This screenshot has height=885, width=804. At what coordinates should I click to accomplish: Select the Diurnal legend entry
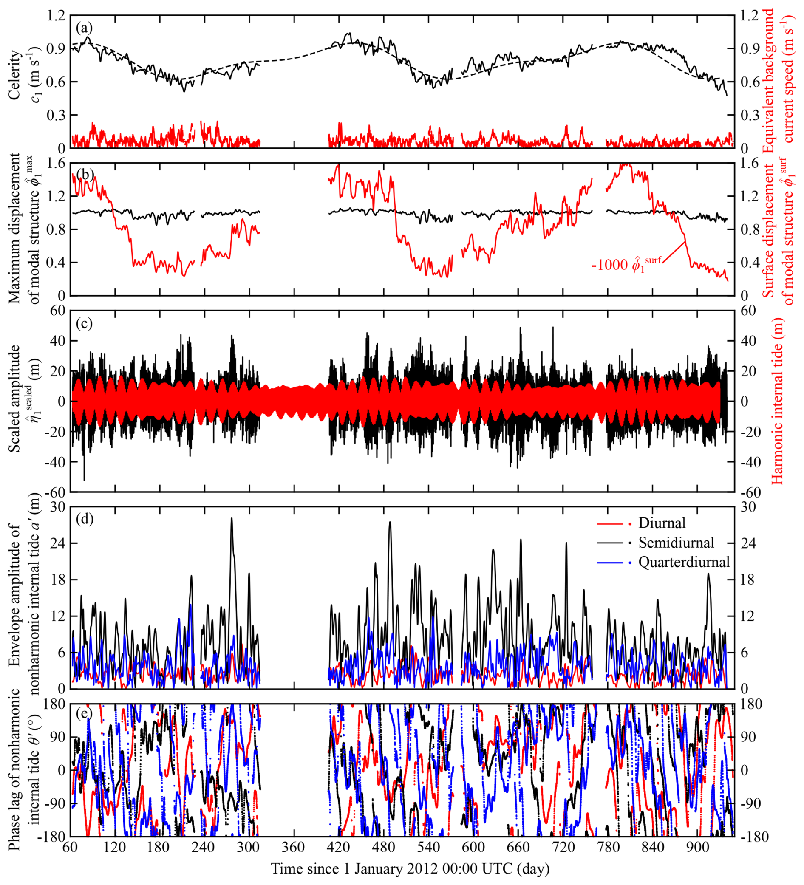(662, 523)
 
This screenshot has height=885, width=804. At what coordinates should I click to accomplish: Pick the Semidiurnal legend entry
(676, 543)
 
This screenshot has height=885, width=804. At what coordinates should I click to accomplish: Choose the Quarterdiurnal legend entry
(684, 562)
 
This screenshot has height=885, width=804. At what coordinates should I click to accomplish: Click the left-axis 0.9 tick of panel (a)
(56, 48)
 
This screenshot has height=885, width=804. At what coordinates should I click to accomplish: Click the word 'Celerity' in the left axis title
(15, 75)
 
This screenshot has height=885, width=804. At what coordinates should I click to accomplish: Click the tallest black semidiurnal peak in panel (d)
(232, 518)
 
